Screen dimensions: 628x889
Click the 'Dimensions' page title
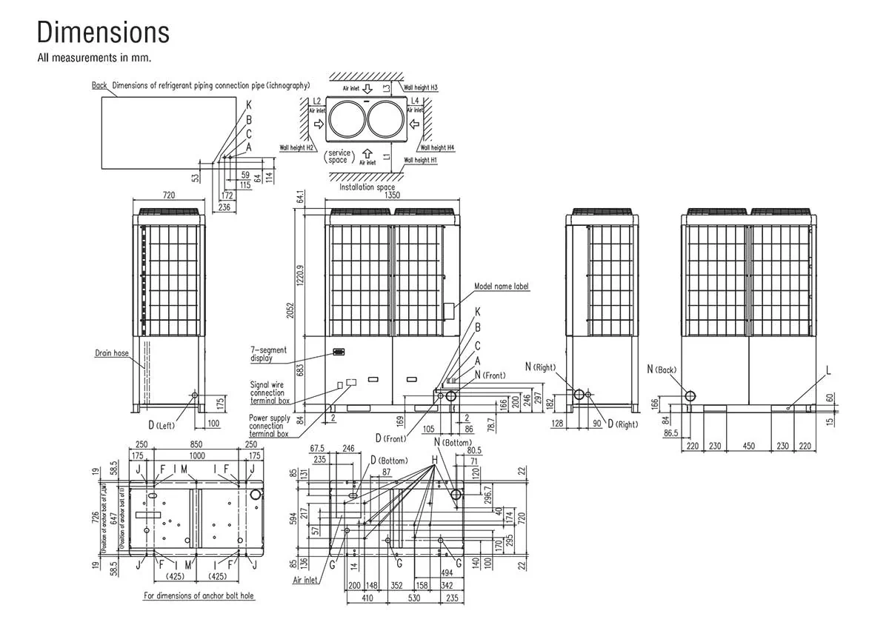coord(103,33)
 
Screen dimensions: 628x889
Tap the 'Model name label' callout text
coord(502,286)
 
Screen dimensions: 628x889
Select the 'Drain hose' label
coord(111,353)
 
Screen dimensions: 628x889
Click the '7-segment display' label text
coord(268,354)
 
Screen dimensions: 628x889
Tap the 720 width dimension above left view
coord(168,196)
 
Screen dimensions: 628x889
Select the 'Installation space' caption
coord(367,187)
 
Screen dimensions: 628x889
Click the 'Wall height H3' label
coord(421,87)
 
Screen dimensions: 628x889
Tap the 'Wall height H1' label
coord(420,160)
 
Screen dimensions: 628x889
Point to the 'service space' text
coord(339,156)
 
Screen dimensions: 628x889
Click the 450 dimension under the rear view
coord(749,446)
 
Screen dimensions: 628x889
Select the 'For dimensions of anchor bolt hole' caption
coord(199,595)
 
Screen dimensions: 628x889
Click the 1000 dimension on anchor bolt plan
coord(196,456)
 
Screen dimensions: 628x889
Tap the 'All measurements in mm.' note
coord(94,57)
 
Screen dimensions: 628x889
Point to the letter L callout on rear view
coord(828,369)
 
